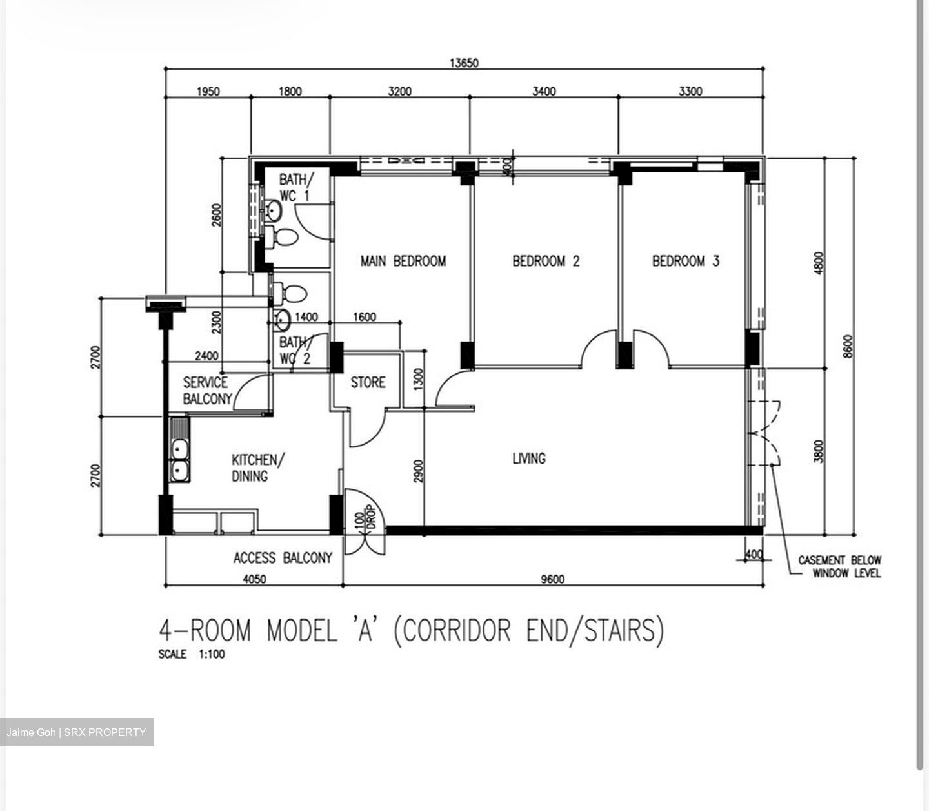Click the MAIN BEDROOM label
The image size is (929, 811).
403,262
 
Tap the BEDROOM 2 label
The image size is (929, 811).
546,262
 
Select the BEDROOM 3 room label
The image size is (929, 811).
686,262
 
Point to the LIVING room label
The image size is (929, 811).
529,458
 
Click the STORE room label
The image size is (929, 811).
368,382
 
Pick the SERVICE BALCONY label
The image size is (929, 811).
207,391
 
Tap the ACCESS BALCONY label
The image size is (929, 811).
283,558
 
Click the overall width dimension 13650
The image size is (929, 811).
464,63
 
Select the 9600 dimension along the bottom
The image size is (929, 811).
553,579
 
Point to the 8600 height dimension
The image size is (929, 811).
848,346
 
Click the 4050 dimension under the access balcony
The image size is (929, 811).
254,579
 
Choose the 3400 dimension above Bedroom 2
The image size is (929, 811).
544,91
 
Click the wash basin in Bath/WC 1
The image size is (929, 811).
273,210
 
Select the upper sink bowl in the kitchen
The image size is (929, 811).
180,449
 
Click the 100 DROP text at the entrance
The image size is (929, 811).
365,518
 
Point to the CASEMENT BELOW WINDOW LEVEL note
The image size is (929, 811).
839,566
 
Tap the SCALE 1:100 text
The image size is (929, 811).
191,654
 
